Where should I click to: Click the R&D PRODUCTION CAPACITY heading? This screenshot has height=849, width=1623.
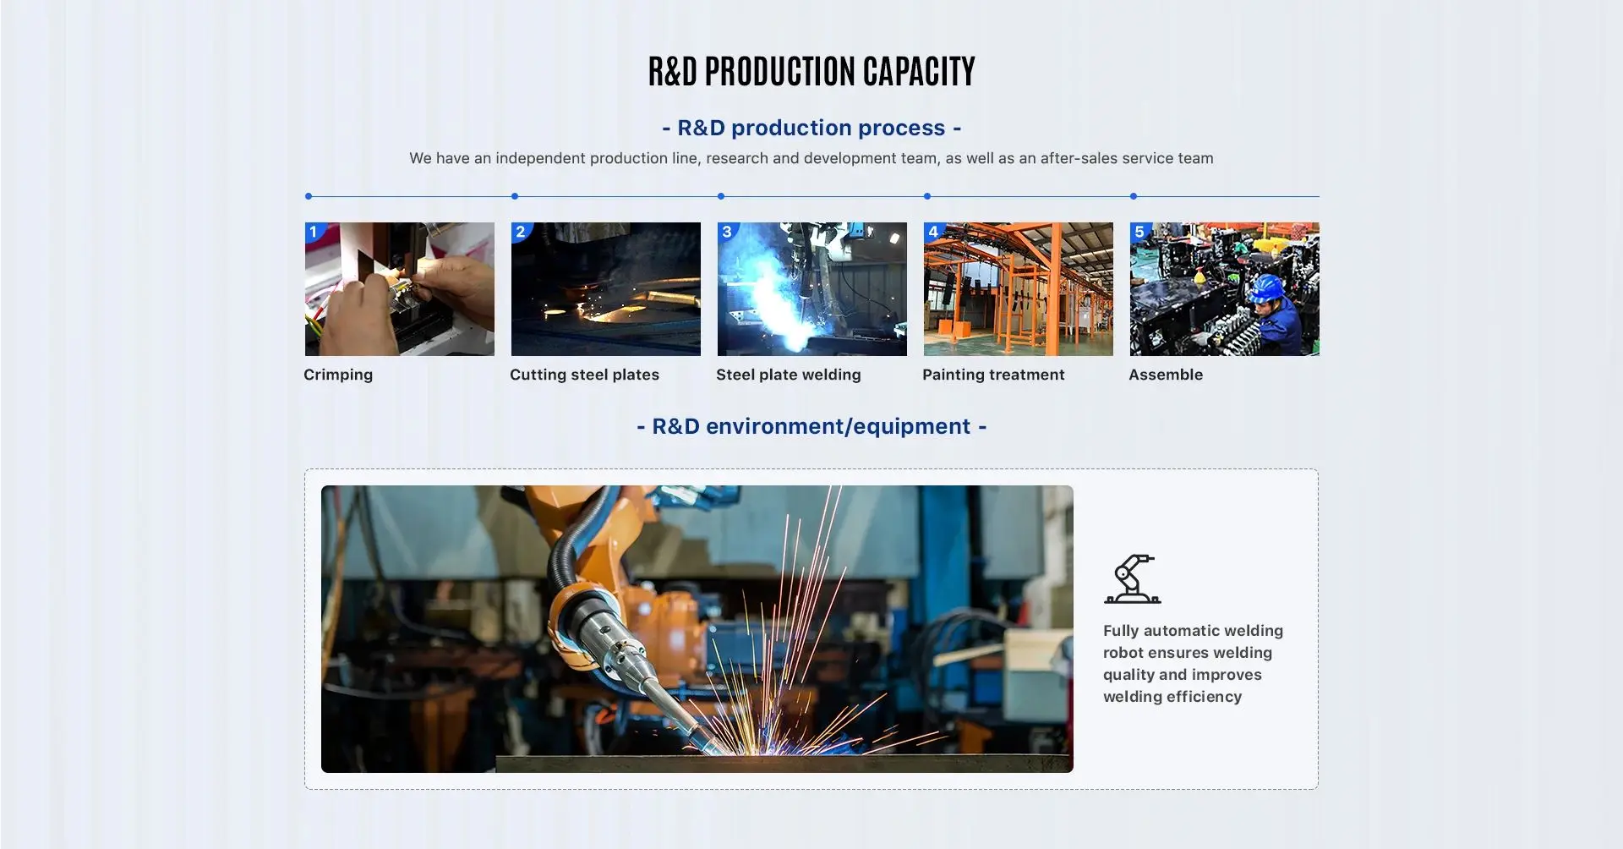coord(811,72)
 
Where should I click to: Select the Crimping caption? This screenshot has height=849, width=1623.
coord(338,375)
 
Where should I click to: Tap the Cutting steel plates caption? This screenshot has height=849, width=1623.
coord(584,375)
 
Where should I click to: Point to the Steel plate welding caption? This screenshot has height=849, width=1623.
coord(788,375)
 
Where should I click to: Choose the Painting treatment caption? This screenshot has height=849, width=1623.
coord(993,375)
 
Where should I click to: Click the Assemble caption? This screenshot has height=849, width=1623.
coord(1165,375)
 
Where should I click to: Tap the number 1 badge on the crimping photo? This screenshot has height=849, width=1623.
coord(314,232)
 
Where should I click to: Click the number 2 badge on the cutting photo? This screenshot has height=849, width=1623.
coord(520,232)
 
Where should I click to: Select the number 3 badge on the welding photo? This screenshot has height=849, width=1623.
coord(726,232)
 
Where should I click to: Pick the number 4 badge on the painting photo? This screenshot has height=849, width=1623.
coord(932,232)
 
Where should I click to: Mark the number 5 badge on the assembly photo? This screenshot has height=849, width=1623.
coord(1139,232)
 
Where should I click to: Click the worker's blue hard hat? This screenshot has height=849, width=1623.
coord(1265,288)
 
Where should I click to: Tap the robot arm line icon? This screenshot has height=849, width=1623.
coord(1133,579)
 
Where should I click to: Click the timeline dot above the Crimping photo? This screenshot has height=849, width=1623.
coord(309,196)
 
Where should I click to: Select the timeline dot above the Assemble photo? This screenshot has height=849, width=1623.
coord(1134,196)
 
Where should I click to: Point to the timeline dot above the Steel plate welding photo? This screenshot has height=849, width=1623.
coord(721,196)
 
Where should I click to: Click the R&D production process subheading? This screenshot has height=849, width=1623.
coord(811,128)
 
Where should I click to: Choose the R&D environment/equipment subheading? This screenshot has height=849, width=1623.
coord(811,426)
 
